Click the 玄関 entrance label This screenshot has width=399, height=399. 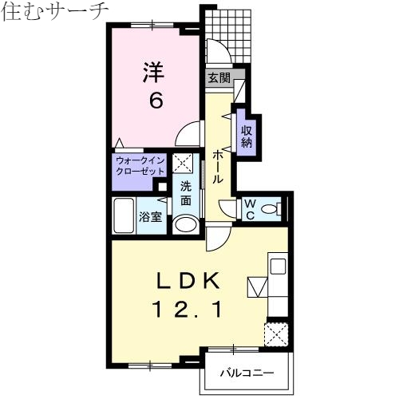click(219, 78)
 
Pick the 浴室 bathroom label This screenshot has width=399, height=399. click(149, 216)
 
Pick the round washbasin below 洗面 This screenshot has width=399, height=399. click(185, 224)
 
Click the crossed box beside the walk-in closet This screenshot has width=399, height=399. click(183, 164)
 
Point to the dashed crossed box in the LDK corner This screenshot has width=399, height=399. click(277, 332)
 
